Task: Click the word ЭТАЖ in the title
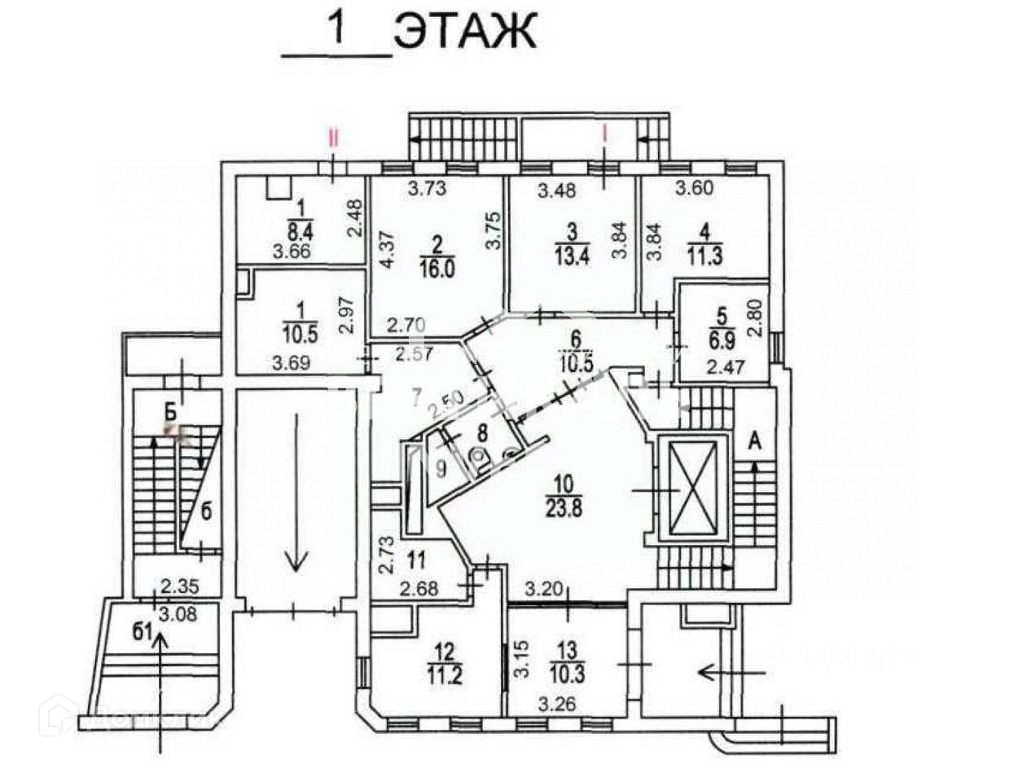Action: pos(464,32)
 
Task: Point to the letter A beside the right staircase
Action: pos(755,442)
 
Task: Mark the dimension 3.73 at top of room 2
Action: pos(428,190)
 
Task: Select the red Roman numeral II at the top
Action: pos(333,137)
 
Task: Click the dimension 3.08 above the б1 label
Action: pos(178,612)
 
